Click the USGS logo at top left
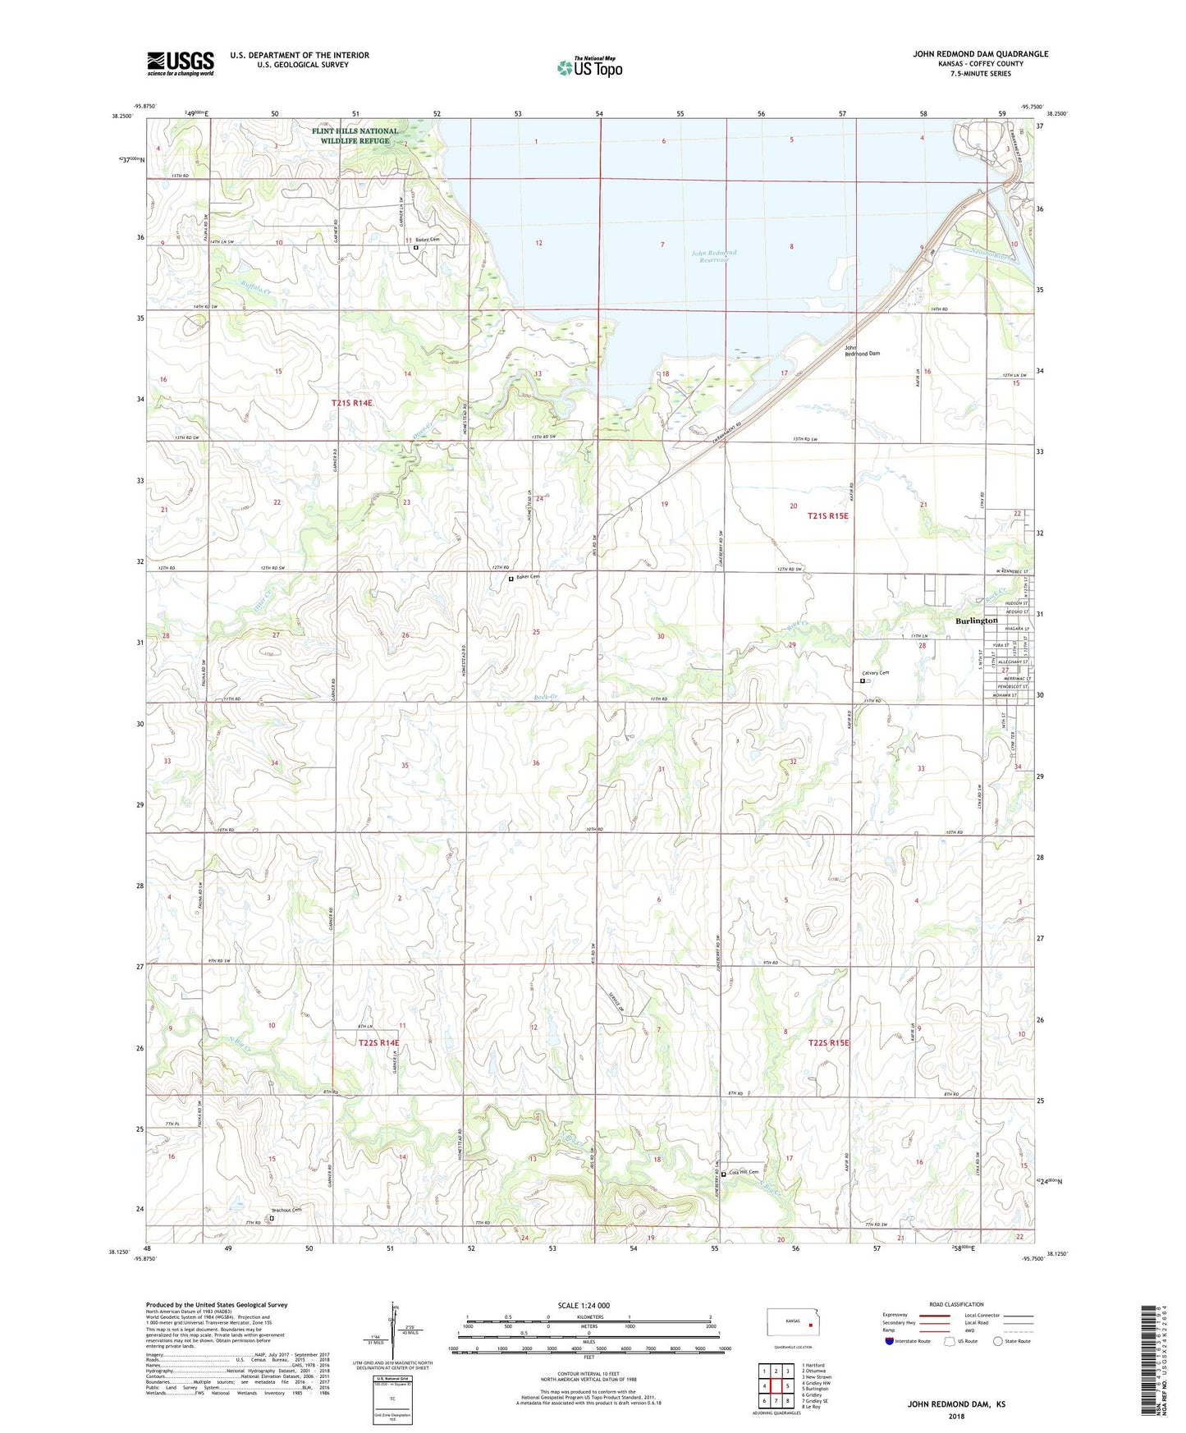pos(181,63)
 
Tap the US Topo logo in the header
pos(589,66)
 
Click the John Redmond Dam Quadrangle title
pos(980,54)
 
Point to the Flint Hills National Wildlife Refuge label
pos(354,135)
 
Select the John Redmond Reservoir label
pos(713,256)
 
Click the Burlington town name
pos(976,620)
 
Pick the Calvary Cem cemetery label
pos(875,673)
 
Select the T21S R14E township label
pos(352,403)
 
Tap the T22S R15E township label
pos(829,1042)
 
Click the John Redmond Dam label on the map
pos(862,350)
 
